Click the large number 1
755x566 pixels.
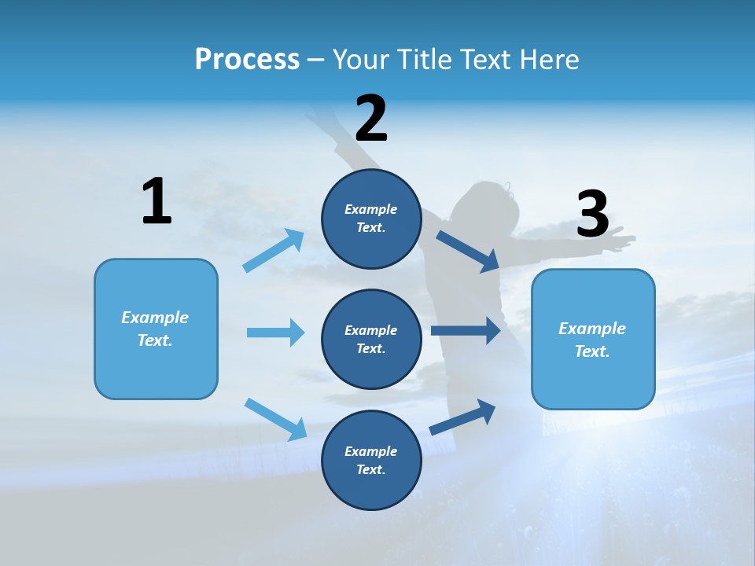[157, 202]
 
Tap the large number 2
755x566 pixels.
[371, 119]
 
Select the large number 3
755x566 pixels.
[593, 214]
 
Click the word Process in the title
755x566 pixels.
[247, 60]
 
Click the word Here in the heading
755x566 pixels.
[548, 60]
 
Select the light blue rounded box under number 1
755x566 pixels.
[156, 329]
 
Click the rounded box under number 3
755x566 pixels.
[593, 340]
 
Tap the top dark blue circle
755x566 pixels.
[371, 219]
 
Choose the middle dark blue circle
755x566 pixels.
[371, 339]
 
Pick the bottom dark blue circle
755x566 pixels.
[371, 460]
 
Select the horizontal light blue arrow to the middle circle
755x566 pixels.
[275, 333]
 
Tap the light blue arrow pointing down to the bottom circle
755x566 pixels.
[275, 418]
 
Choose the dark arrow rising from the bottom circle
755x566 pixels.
[462, 417]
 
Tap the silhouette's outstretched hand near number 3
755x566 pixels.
[621, 240]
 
